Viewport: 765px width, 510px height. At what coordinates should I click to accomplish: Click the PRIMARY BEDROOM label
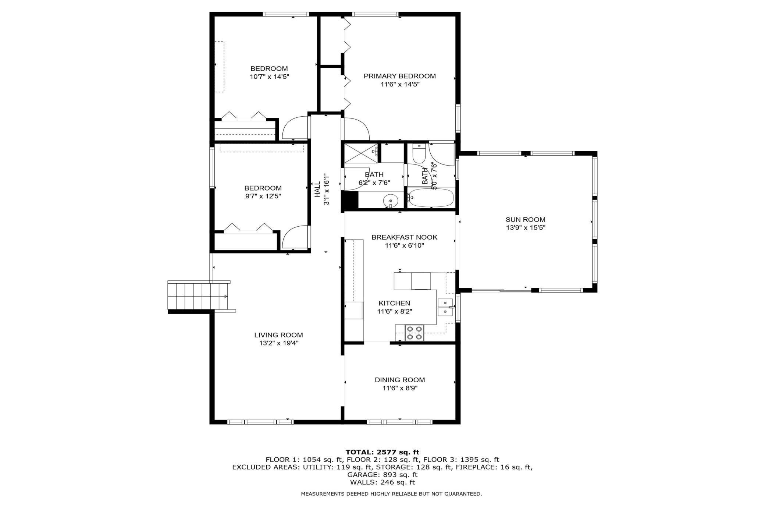pyautogui.click(x=399, y=76)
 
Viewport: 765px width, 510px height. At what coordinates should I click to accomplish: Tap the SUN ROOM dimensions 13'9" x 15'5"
pyautogui.click(x=525, y=228)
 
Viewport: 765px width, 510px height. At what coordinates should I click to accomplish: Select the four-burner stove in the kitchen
pyautogui.click(x=414, y=333)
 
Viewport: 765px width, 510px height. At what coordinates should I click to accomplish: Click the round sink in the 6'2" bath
pyautogui.click(x=390, y=201)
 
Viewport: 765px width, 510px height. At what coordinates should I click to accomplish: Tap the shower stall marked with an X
pyautogui.click(x=361, y=153)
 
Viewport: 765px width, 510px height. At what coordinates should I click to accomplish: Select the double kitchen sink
pyautogui.click(x=445, y=307)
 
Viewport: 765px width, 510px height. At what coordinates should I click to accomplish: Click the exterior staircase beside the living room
pyautogui.click(x=198, y=296)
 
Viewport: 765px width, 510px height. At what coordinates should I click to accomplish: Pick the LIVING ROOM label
pyautogui.click(x=278, y=335)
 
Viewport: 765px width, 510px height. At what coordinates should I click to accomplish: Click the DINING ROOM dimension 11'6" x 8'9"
pyautogui.click(x=399, y=388)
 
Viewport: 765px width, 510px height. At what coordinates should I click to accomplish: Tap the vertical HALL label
pyautogui.click(x=317, y=189)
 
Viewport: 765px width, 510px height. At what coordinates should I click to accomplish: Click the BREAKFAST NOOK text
pyautogui.click(x=404, y=237)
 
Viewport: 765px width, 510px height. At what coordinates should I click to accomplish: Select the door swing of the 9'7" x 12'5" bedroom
pyautogui.click(x=295, y=237)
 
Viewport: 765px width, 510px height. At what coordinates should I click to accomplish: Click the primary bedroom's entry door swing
pyautogui.click(x=356, y=129)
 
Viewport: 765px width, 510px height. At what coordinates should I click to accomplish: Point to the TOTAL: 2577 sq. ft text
pyautogui.click(x=382, y=452)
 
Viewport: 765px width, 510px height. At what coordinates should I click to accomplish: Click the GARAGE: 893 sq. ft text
pyautogui.click(x=382, y=475)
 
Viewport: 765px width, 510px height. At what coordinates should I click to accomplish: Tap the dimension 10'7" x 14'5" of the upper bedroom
pyautogui.click(x=269, y=77)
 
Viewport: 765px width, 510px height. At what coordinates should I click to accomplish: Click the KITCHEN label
pyautogui.click(x=394, y=303)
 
